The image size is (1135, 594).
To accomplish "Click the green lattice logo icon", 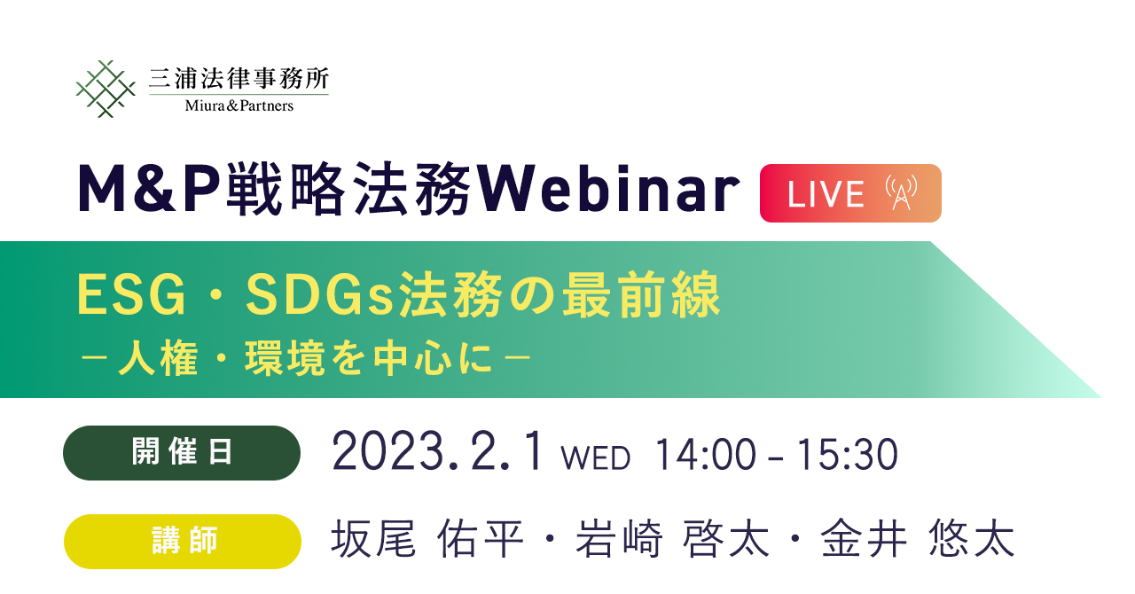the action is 106,89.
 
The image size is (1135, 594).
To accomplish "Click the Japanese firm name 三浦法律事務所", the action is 239,79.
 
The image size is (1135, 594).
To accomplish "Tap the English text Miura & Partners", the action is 239,106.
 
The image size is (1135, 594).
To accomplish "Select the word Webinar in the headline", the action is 608,189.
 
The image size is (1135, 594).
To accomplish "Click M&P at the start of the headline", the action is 149,189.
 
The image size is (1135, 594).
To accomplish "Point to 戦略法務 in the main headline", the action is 349,189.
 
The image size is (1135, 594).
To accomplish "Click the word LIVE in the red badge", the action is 826,194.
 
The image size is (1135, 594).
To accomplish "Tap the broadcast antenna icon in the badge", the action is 902,192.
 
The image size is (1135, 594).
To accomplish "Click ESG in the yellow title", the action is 131,295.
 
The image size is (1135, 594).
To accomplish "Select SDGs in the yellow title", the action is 320,295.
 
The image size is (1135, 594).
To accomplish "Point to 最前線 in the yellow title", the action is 641,295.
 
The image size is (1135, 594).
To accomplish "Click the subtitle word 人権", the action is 158,358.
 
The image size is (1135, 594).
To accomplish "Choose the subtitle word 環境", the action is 285,358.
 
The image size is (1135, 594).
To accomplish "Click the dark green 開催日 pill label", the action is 182,453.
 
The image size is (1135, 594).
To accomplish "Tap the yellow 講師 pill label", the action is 183,542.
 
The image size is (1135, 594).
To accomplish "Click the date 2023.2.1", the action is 439,452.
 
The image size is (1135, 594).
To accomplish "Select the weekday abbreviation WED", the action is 595,458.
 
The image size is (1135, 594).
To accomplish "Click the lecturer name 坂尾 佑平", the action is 427,539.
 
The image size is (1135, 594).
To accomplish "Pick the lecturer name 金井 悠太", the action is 918,539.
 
